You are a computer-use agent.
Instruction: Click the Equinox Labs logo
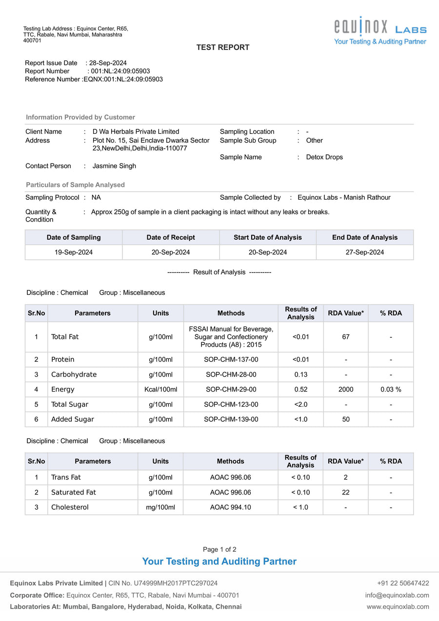click(x=380, y=31)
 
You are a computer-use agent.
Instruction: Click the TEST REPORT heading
click(x=223, y=47)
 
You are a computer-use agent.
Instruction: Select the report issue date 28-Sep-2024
click(x=108, y=63)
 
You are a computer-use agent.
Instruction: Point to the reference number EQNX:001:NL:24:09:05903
click(x=123, y=79)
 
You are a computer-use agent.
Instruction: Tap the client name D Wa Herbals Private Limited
click(x=136, y=132)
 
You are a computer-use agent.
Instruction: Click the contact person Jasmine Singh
click(x=114, y=166)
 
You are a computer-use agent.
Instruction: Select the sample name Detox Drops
click(x=324, y=157)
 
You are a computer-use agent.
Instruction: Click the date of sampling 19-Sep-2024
click(x=74, y=252)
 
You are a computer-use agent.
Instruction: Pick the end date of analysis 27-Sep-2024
click(x=365, y=252)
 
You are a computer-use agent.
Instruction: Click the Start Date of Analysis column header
click(x=268, y=238)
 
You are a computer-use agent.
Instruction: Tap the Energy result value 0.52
click(x=300, y=390)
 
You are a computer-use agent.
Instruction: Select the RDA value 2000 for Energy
click(x=345, y=390)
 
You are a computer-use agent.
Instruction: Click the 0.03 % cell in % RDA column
click(x=391, y=390)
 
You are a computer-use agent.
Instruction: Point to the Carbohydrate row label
click(x=74, y=374)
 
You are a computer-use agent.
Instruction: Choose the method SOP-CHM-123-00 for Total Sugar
click(x=231, y=405)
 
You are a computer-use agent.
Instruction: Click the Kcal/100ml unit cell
click(x=160, y=390)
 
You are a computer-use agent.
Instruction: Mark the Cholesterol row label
click(x=70, y=507)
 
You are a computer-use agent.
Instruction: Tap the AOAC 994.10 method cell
click(x=230, y=507)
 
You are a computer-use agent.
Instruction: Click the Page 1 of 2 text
click(x=219, y=550)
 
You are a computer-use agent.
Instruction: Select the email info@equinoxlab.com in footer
click(x=397, y=595)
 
